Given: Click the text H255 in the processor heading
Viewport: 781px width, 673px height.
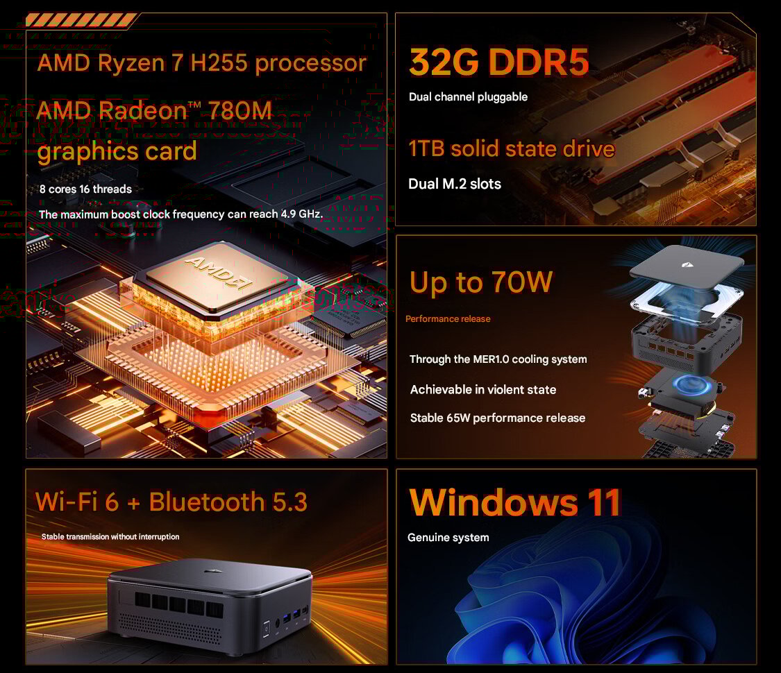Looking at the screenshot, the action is [219, 62].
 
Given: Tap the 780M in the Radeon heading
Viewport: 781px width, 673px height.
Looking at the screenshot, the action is [240, 110].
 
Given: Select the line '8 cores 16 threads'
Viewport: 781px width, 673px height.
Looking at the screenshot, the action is [85, 189].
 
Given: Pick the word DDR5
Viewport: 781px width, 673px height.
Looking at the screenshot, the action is [539, 62].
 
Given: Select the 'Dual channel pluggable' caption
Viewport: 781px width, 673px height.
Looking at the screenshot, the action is [468, 96].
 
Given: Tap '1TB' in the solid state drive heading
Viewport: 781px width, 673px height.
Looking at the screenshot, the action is [426, 148].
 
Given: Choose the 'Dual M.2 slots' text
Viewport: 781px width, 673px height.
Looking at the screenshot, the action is [455, 184].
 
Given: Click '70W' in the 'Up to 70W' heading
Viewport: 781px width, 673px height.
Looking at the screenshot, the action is [522, 282].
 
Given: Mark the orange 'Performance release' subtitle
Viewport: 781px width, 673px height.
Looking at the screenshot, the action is [448, 318].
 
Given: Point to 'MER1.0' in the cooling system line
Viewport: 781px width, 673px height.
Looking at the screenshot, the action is [491, 359].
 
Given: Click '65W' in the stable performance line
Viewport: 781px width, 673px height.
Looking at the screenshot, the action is [458, 418].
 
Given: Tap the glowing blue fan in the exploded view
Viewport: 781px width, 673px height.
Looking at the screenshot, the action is [692, 385].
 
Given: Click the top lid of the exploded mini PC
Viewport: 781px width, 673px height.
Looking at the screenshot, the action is [687, 268].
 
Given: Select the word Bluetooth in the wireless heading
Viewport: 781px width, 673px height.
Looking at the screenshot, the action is [207, 501].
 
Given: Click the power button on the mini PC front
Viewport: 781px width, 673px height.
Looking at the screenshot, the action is [267, 628].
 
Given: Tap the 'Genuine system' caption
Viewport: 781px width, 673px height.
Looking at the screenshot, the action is [448, 538].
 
